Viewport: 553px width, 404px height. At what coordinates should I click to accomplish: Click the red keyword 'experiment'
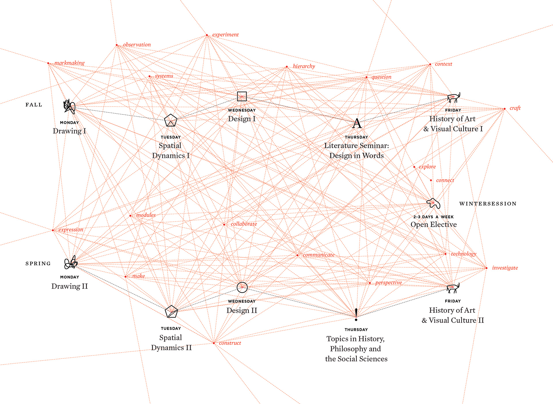(x=225, y=35)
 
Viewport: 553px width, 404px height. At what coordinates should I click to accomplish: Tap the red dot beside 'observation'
(x=117, y=45)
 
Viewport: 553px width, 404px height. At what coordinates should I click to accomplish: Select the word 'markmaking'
(x=69, y=63)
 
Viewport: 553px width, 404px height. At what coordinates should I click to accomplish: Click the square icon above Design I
(x=242, y=96)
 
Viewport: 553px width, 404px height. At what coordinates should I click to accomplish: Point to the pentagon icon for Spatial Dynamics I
(x=171, y=121)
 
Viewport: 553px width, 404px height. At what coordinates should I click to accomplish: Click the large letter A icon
(x=357, y=124)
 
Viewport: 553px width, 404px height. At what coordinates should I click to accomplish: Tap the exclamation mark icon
(x=356, y=315)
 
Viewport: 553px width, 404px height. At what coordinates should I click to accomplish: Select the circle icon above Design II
(x=242, y=287)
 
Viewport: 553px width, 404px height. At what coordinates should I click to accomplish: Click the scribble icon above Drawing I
(x=69, y=106)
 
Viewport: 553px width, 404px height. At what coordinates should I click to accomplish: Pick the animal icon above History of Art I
(x=454, y=98)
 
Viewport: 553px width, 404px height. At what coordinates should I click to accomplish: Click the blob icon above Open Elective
(x=433, y=203)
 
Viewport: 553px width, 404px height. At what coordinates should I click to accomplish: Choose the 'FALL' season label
(x=34, y=105)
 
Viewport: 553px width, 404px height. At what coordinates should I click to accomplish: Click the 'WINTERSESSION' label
(x=488, y=204)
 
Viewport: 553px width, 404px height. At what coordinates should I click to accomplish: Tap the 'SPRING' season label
(x=38, y=264)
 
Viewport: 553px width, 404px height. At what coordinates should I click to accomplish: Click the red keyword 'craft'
(x=515, y=108)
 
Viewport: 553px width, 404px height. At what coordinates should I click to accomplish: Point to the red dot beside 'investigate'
(x=486, y=268)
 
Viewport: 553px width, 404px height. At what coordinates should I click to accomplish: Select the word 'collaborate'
(x=244, y=224)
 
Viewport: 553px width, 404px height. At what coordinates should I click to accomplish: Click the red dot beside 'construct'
(x=214, y=343)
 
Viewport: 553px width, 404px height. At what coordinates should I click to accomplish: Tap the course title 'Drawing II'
(x=69, y=286)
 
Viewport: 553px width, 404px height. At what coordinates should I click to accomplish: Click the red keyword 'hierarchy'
(x=304, y=66)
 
